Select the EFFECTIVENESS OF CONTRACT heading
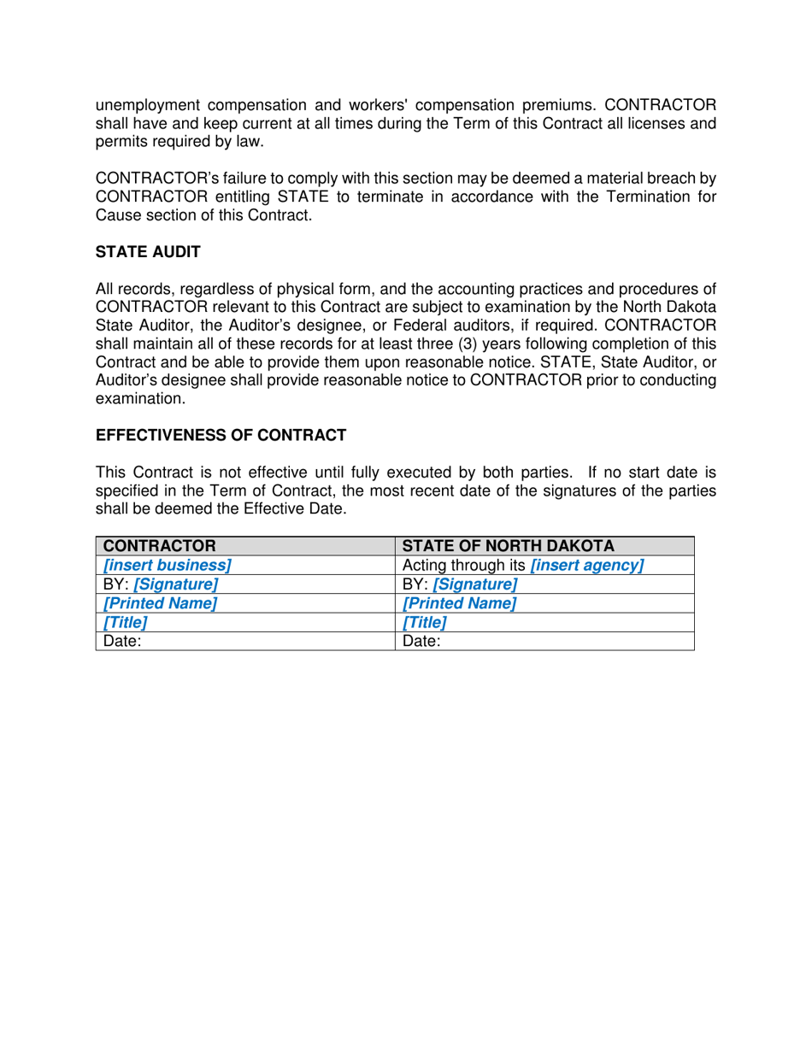click(x=221, y=435)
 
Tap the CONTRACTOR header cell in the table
click(x=158, y=546)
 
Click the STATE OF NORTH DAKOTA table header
click(x=508, y=546)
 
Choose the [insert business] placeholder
click(x=167, y=565)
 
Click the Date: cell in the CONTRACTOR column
click(x=122, y=641)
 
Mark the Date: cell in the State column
click(x=421, y=641)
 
